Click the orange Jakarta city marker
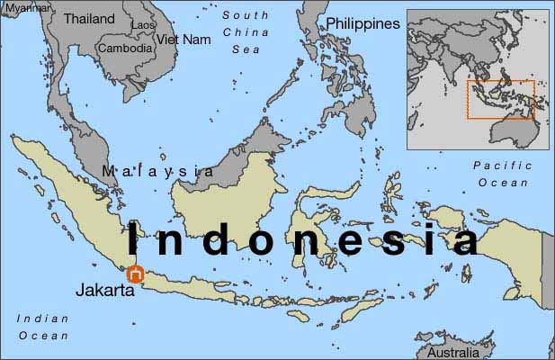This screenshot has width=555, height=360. point(135,274)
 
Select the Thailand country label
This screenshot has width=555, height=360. point(89,18)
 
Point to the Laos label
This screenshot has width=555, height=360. point(143,26)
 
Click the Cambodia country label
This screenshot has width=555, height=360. point(125,49)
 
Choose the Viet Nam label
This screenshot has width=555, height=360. point(184,40)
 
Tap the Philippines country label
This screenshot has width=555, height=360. point(363,23)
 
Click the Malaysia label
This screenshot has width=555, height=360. point(158,171)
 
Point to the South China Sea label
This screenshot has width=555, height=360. point(246,32)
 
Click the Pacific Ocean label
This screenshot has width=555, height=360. point(503,174)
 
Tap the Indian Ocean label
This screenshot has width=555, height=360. point(42,327)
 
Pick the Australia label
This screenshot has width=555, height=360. point(454,353)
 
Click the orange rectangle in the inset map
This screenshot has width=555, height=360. point(500,100)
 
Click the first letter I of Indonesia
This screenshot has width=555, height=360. point(134,241)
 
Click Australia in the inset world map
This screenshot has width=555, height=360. point(514,131)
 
